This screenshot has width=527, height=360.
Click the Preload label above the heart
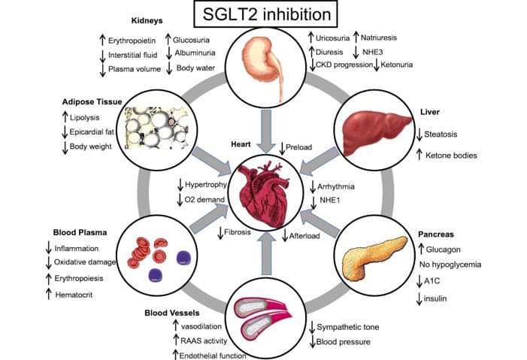300,147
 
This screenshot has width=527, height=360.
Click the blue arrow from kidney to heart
265,128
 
